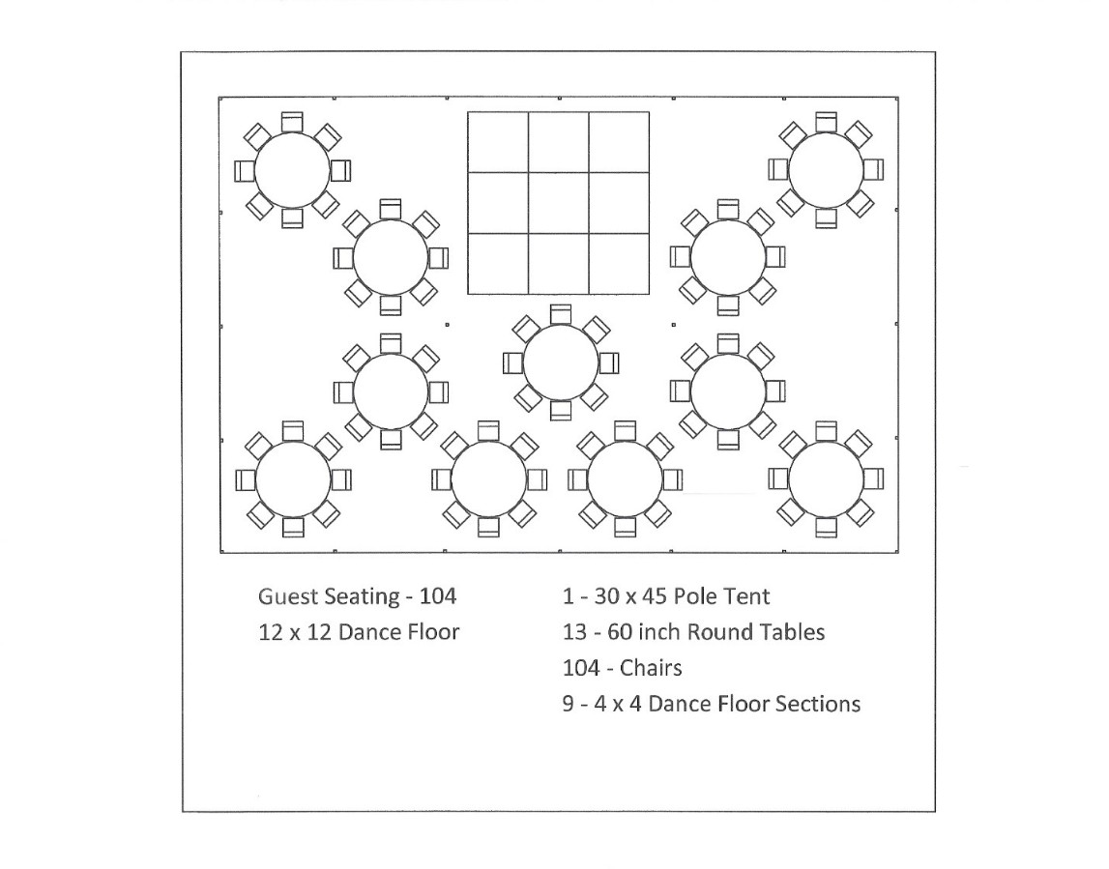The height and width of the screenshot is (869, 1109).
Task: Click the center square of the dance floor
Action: (x=558, y=203)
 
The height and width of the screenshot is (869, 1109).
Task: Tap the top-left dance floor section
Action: (x=498, y=142)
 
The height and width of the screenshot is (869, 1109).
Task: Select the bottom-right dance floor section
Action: (x=619, y=263)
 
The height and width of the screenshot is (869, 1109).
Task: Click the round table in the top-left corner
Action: (x=292, y=170)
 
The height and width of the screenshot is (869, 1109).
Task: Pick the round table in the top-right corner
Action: (x=826, y=170)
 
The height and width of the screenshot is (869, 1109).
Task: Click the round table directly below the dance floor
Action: (x=561, y=362)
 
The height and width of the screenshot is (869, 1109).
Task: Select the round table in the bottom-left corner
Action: (x=293, y=479)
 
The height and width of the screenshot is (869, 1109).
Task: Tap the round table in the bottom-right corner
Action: (x=826, y=478)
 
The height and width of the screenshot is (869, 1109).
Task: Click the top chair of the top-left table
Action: (x=292, y=122)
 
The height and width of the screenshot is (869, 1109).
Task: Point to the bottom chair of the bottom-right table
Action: (x=826, y=528)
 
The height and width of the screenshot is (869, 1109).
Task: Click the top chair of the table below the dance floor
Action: (x=561, y=315)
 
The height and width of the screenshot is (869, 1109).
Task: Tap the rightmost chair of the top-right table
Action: (x=873, y=170)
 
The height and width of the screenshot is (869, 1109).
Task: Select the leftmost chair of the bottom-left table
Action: (x=246, y=479)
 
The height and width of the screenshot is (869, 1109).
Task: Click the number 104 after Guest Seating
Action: (x=438, y=596)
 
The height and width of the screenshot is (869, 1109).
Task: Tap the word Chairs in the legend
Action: (x=651, y=668)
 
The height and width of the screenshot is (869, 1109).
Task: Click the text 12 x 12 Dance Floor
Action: (x=359, y=631)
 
